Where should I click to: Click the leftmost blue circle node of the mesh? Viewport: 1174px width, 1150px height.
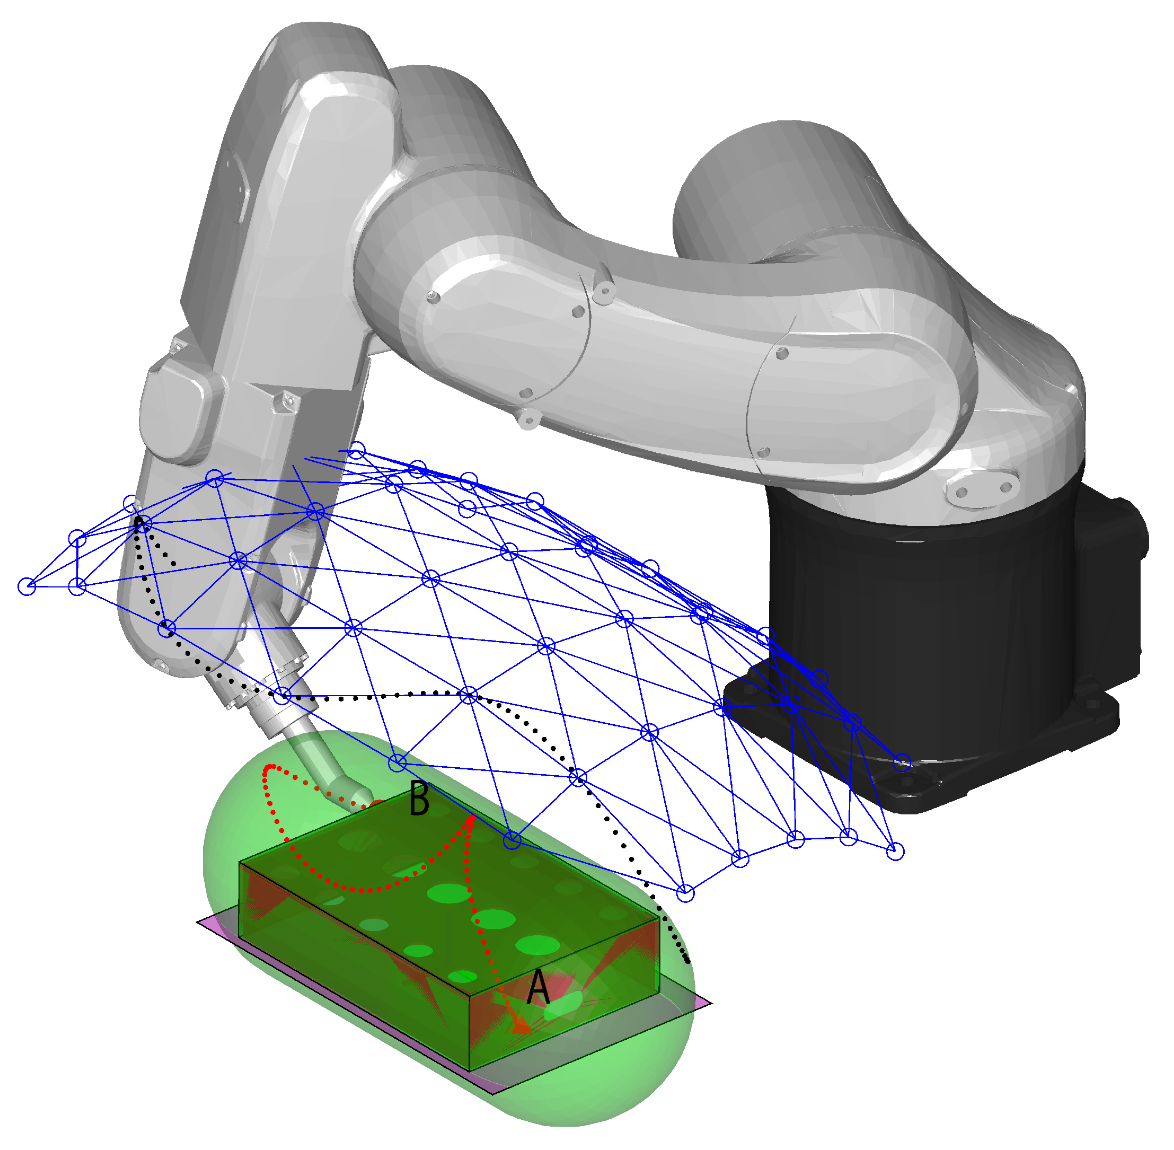(27, 586)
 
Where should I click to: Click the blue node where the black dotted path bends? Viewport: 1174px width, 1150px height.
(469, 695)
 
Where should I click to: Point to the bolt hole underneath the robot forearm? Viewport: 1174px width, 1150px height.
(529, 418)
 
